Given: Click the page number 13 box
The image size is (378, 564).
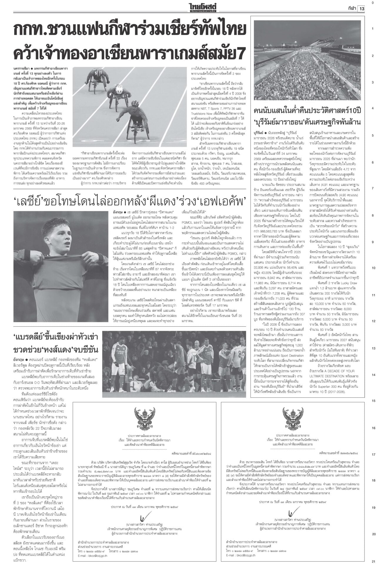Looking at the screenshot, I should (361, 9).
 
